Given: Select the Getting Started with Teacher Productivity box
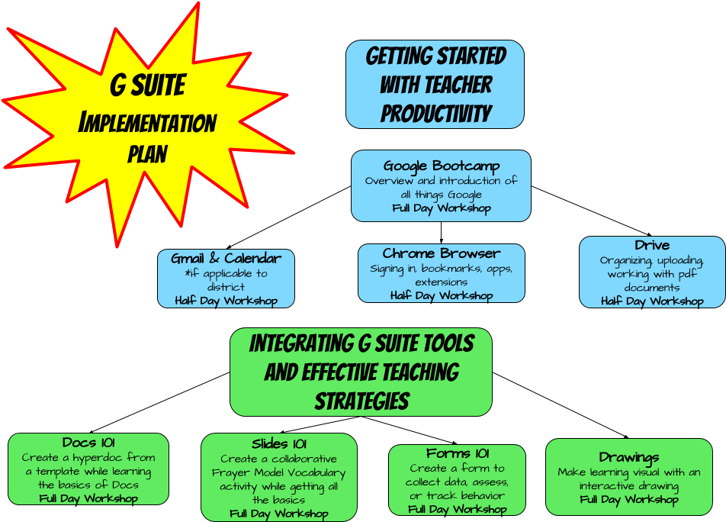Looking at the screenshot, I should point(435,84).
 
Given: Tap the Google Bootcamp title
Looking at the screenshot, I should point(441,166).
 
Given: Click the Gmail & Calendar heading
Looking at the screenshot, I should point(226,258).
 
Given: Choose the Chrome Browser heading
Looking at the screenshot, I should point(441,253).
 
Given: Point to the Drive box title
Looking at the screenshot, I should point(652,245).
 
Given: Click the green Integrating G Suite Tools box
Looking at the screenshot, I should point(361,372).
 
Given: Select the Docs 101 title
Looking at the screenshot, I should point(88,443).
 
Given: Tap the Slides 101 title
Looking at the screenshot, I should point(279,443).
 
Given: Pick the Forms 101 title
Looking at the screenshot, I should point(458,453).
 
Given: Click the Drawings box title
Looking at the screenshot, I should point(628,457).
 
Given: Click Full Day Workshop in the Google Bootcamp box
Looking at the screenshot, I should point(441,208).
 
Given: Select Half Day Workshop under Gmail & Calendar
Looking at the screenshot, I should point(226,301).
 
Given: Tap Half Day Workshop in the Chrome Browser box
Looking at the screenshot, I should point(441,296).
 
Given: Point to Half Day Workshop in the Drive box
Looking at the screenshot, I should point(652,301).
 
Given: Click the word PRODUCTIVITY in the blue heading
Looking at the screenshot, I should point(435,114).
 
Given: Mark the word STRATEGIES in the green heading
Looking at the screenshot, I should point(361,401).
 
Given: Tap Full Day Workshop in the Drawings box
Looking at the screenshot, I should point(628,500).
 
